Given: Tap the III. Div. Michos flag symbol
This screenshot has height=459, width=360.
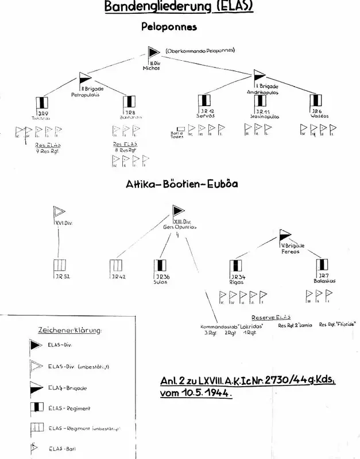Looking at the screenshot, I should click(x=154, y=53).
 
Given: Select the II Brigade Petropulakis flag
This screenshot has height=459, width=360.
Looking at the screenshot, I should click(x=85, y=77).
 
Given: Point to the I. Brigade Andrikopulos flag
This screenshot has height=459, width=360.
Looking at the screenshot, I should click(x=260, y=75).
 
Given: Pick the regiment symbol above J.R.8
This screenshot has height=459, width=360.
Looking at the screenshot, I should click(x=130, y=102).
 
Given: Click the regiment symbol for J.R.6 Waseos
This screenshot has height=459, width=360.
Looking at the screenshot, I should click(x=315, y=101).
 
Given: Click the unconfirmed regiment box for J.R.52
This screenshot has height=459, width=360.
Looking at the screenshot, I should click(x=59, y=266).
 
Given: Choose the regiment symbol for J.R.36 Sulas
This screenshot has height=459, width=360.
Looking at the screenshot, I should click(x=160, y=266).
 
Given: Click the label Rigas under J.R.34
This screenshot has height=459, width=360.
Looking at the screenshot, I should click(x=237, y=282).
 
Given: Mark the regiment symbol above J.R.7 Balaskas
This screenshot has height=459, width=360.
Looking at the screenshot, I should click(x=322, y=265).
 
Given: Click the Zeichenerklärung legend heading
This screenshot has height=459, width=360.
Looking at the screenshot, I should click(x=69, y=330).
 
